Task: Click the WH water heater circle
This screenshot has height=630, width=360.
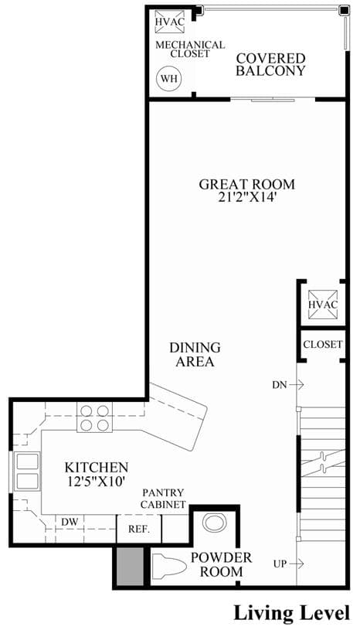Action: tap(168, 78)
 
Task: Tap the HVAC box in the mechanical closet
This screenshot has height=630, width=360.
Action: tap(169, 22)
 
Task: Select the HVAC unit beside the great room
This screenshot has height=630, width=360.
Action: tap(323, 304)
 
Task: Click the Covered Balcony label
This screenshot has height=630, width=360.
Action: tap(270, 64)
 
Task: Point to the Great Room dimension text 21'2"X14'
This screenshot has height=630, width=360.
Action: tap(247, 198)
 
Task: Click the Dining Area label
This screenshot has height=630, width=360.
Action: tap(195, 354)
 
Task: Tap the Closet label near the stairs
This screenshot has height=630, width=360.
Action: tap(323, 344)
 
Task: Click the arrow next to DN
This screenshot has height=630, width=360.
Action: tap(297, 384)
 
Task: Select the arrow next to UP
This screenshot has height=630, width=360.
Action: tap(296, 564)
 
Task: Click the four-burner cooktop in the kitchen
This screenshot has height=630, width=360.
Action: tap(95, 417)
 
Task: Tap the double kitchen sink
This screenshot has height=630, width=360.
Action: tap(27, 472)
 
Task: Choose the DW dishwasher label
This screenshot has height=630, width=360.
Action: tap(70, 522)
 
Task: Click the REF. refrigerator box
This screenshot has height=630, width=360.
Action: tap(139, 529)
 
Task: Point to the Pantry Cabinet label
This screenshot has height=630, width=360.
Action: tap(163, 499)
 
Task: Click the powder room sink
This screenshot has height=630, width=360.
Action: tap(216, 523)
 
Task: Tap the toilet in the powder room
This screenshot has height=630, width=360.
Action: tap(170, 566)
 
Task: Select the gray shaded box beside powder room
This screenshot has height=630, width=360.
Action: tap(130, 566)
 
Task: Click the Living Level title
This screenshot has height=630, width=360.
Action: tap(291, 614)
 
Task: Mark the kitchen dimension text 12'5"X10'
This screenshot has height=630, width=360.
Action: tap(97, 481)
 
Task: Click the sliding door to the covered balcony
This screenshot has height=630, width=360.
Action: tap(273, 99)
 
